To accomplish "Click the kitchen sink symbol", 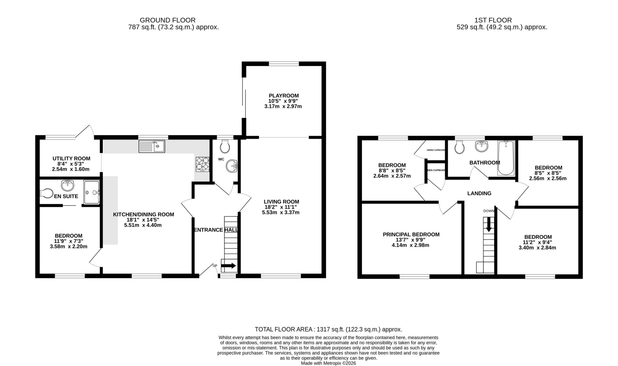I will coord(151,146).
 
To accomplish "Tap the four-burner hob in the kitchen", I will coord(202,164).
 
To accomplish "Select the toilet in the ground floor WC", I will coord(225,147).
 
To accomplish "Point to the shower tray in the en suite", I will coord(91,192).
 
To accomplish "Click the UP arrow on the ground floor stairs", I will coord(228,266).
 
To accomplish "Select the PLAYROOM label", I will coord(283,96).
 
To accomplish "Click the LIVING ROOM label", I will coord(281,202).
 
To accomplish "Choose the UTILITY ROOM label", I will coord(71,158).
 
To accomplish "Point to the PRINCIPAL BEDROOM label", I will coord(411,234).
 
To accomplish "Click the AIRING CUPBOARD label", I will coord(436,150).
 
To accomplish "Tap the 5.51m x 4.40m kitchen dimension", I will coord(143,225).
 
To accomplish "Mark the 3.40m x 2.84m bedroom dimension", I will coord(537,248).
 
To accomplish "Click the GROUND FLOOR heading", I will coord(167,20).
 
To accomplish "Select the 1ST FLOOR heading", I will coord(493,20).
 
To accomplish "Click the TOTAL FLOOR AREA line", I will coord(328,329).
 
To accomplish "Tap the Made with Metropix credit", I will coord(328,363).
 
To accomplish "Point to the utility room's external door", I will coord(85,132).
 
